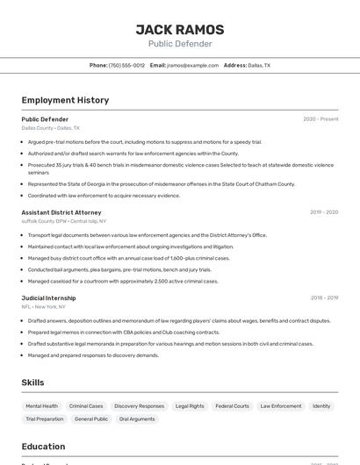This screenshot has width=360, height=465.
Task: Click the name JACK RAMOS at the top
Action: (x=179, y=29)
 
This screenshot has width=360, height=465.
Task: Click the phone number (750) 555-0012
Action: (x=126, y=65)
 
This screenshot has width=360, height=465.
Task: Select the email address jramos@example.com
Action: (x=192, y=65)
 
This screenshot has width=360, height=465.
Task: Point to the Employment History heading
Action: (x=65, y=100)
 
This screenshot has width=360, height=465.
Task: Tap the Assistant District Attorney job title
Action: (x=61, y=212)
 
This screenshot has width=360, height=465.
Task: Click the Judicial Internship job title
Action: (x=49, y=298)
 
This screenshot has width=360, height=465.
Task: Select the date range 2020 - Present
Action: (x=320, y=119)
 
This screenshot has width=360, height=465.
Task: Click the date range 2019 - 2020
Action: (x=323, y=212)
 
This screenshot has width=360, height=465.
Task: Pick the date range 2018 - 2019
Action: (x=324, y=298)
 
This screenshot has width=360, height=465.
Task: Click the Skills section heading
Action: (x=33, y=383)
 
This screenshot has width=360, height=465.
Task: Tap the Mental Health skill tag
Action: (x=41, y=406)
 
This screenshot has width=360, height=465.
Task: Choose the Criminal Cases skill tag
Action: (x=86, y=406)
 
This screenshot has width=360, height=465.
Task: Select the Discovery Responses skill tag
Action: (x=139, y=406)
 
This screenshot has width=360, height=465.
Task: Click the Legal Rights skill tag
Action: (x=190, y=406)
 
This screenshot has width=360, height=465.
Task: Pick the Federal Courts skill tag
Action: (x=233, y=406)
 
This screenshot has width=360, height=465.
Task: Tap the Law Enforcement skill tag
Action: (x=281, y=406)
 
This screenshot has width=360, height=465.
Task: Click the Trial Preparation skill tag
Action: (x=45, y=419)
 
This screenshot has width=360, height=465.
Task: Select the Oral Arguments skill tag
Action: (x=137, y=419)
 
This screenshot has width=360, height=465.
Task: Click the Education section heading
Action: (x=43, y=447)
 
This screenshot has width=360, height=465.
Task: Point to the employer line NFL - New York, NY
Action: (x=44, y=307)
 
